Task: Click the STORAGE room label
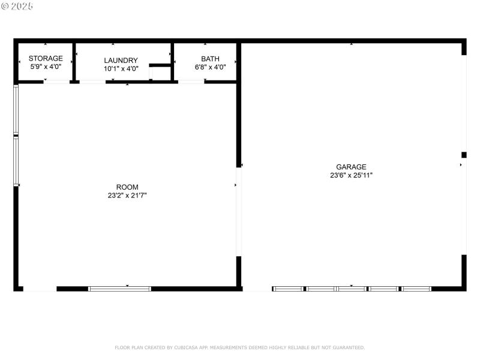(46, 59)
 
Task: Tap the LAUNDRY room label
(121, 61)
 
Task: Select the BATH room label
(210, 59)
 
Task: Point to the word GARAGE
(351, 167)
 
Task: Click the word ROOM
(127, 187)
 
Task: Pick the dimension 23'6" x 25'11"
(351, 175)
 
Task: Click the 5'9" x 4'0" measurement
(46, 67)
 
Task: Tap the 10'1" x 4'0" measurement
(121, 68)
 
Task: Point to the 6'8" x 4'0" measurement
(210, 67)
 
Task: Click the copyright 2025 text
(17, 6)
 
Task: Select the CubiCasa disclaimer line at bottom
(239, 347)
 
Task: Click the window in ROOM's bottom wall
(119, 289)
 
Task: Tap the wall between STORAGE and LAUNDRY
(74, 61)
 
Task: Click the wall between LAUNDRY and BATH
(172, 61)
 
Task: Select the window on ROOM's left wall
(16, 135)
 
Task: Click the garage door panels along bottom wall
(352, 289)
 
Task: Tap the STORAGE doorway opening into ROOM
(57, 82)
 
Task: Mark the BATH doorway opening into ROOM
(191, 82)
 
